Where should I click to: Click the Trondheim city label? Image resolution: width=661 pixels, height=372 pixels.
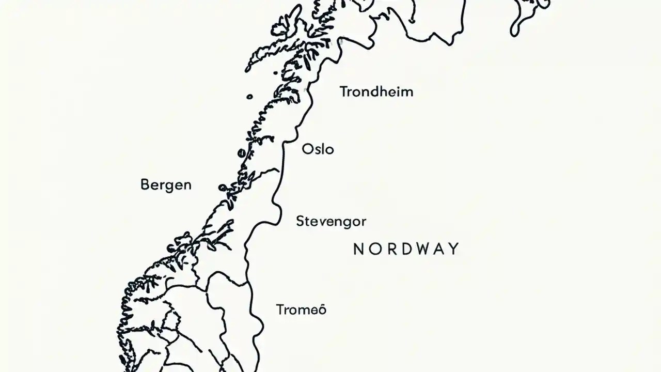376,92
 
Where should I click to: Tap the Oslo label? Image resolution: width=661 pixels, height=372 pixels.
318,149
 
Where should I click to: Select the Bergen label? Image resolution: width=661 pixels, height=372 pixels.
166,185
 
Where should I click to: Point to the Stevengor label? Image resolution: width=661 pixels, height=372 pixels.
331,222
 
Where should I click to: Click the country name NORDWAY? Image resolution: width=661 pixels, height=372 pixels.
406,249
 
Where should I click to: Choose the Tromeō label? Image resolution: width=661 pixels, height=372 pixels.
301,310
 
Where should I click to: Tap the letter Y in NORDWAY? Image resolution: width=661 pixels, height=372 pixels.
453,249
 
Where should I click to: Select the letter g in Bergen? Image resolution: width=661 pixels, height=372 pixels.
168,187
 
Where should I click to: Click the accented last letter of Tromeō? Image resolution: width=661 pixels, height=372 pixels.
322,309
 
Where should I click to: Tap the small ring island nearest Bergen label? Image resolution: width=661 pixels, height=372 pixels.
222,188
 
